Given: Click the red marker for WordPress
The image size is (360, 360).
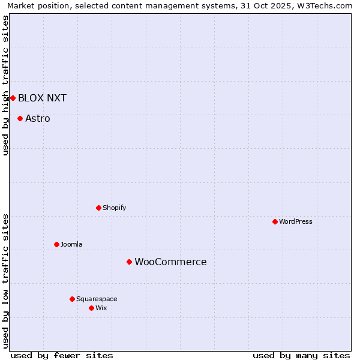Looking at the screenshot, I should (275, 221).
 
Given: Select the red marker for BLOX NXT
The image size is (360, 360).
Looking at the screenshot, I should (13, 98).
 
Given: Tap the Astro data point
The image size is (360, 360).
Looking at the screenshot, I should (20, 118).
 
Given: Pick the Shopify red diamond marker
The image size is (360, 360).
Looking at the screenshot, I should (98, 208).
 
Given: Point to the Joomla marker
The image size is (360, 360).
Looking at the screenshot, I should (56, 244).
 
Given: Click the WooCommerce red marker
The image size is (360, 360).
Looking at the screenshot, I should (129, 262).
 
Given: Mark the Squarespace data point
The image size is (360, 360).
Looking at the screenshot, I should (72, 299).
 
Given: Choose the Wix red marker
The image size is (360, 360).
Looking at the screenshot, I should (91, 308).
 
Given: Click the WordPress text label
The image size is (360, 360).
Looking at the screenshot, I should (296, 221).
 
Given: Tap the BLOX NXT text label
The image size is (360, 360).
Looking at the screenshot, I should (42, 98).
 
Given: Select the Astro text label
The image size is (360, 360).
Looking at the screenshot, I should (38, 118).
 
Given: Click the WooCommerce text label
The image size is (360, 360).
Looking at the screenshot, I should (170, 262).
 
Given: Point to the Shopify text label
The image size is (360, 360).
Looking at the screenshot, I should (114, 208).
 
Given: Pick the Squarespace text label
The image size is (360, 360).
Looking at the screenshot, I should (97, 299).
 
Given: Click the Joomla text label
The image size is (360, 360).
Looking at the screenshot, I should (71, 244).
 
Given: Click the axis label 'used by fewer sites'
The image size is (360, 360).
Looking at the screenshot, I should (62, 355).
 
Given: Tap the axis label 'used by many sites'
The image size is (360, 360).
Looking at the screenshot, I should (301, 355).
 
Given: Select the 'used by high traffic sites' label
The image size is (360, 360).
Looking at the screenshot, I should (5, 85).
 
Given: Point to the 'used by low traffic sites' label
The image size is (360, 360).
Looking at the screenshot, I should (5, 280).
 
